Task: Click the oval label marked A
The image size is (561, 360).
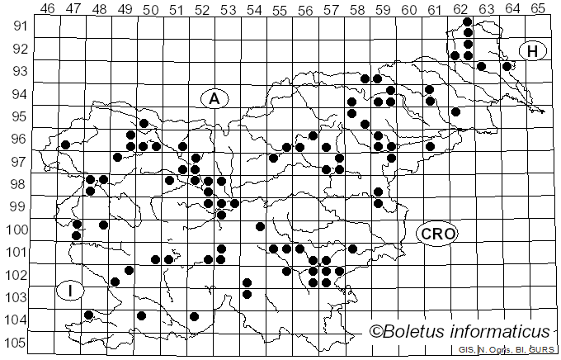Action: (x=214, y=99)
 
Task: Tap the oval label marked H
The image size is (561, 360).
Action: (x=533, y=51)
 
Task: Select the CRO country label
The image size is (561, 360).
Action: (x=436, y=234)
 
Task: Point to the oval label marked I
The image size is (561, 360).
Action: (x=71, y=291)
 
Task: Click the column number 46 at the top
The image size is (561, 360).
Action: (x=48, y=8)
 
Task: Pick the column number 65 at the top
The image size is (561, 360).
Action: (x=537, y=8)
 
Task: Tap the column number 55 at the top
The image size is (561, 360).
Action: (x=280, y=8)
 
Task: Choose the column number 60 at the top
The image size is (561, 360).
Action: (x=408, y=8)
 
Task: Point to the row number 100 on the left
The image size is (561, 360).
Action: (x=16, y=230)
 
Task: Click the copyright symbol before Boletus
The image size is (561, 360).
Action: (x=376, y=332)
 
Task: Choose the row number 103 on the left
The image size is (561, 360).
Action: (x=16, y=297)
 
